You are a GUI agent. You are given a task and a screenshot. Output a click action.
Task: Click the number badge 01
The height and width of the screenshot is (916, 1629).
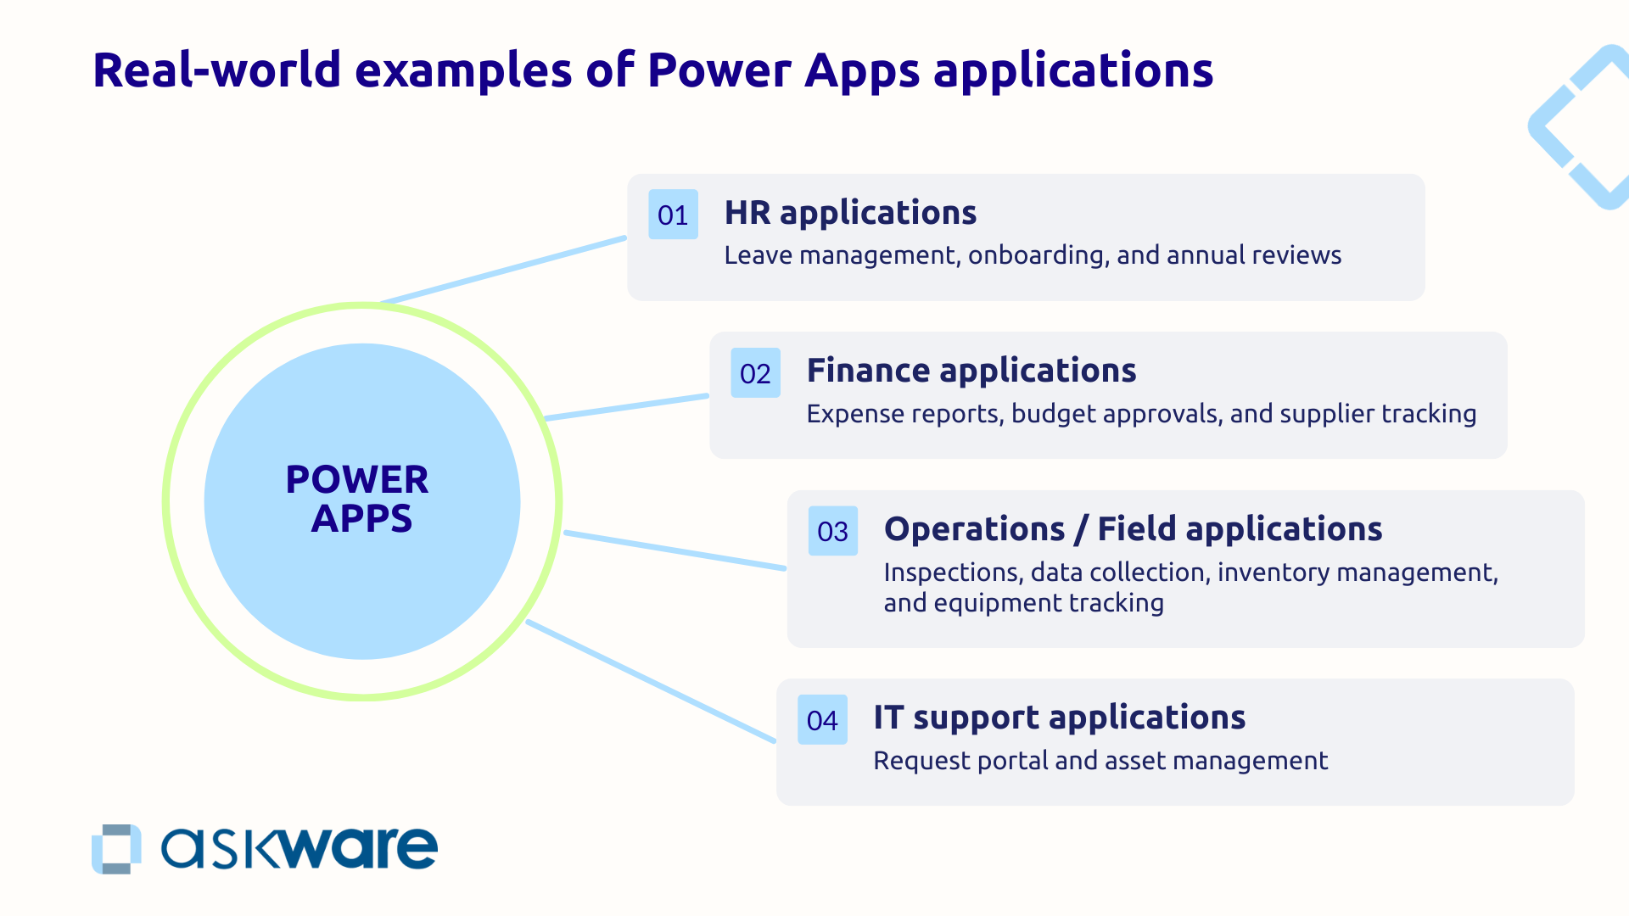(x=673, y=215)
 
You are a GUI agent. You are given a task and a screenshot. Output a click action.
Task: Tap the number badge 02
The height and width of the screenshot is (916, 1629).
(x=755, y=373)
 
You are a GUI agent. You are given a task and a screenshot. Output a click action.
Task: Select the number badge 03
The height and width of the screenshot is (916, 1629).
(x=832, y=532)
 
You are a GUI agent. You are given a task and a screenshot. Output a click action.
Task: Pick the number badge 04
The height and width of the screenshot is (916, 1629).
(x=822, y=720)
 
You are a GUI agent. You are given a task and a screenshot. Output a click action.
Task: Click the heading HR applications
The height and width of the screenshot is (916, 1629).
(x=850, y=212)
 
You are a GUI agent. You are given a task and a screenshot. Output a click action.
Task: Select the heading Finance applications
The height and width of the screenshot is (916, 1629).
(x=971, y=371)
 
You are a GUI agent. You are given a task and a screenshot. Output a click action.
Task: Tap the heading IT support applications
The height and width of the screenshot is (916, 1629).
(x=1059, y=718)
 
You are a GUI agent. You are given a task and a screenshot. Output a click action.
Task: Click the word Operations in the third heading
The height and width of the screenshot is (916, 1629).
(x=974, y=529)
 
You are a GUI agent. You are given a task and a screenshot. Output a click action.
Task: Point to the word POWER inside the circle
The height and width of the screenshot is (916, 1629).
(x=357, y=480)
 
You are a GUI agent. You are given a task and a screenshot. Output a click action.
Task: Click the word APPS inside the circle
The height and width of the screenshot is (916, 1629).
(x=361, y=518)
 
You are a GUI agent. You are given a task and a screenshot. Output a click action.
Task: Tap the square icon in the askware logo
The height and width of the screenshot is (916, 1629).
(x=116, y=848)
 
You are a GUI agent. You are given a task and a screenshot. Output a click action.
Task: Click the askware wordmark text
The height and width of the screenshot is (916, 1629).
(x=299, y=848)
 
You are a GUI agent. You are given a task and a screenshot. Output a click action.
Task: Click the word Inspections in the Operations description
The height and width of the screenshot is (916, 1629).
(x=951, y=572)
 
